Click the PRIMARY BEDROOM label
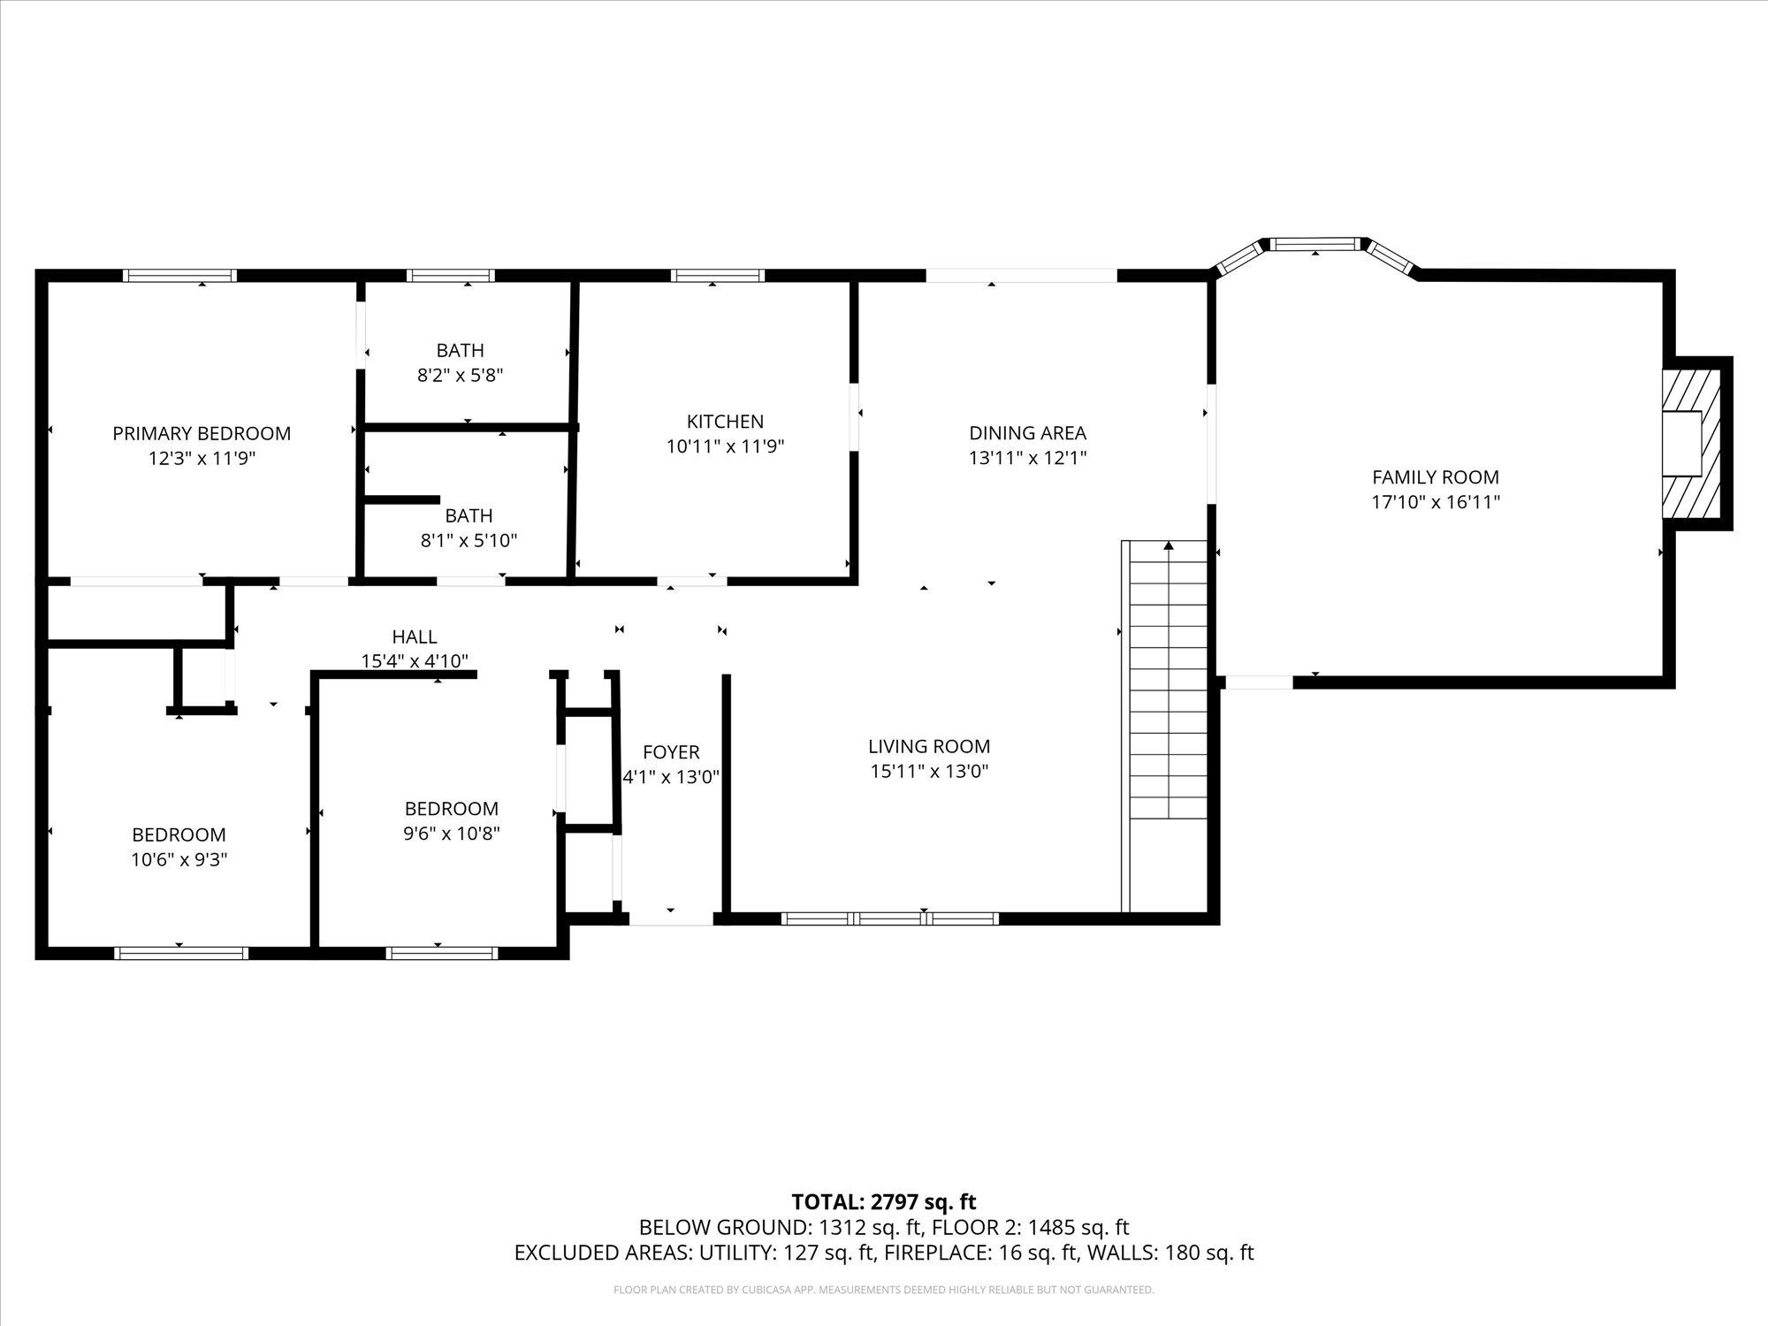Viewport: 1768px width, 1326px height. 202,433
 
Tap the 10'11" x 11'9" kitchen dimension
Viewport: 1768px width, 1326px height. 725,446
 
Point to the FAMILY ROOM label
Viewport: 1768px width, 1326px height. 1435,477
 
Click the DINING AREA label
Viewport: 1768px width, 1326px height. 1027,433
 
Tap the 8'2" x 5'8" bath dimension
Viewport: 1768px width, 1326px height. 460,375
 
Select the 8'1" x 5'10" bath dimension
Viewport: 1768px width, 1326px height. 469,540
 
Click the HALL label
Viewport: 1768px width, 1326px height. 414,636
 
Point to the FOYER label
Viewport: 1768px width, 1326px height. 671,752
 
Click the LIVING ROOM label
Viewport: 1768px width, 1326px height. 928,746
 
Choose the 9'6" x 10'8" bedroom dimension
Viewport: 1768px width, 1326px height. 452,833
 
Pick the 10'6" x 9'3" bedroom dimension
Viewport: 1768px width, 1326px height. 179,859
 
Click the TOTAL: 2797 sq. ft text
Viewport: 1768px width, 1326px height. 883,1201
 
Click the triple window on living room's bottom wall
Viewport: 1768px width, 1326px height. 890,918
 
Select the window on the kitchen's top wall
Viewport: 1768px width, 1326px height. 717,276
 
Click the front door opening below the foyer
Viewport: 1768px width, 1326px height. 671,919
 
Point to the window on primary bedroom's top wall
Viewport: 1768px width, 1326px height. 179,276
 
